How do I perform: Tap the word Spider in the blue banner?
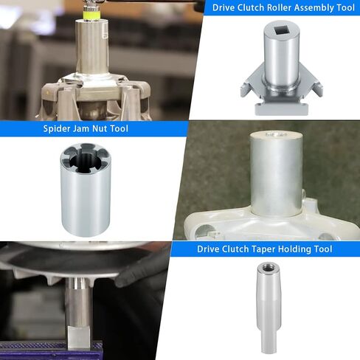55,128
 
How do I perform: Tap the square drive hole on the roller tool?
282,31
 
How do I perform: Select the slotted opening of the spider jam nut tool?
86,159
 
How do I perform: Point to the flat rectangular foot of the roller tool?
281,108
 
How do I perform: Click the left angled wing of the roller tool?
252,84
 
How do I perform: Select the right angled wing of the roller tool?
312,84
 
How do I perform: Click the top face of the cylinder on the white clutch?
275,135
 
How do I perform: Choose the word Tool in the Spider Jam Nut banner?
120,128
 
